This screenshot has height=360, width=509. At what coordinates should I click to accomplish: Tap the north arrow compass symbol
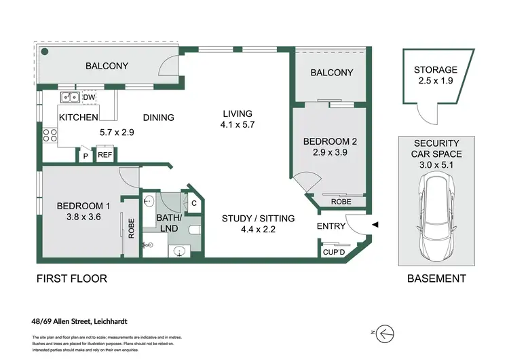click(x=385, y=334)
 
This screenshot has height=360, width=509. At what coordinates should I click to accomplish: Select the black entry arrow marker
click(x=375, y=225)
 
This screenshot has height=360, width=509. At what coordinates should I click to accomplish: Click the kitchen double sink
click(x=70, y=97)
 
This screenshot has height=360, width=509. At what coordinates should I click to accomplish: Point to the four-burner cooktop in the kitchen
click(x=50, y=135)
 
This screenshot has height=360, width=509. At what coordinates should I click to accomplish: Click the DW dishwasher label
click(x=89, y=97)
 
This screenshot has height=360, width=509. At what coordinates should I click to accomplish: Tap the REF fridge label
click(x=105, y=155)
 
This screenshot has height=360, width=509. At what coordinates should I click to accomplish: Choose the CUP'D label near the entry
click(x=334, y=252)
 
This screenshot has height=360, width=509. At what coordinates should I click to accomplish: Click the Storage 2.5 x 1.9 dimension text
click(x=436, y=81)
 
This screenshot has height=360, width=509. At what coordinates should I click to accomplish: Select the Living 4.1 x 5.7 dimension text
click(x=238, y=124)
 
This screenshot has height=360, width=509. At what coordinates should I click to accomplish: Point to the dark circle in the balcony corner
click(x=45, y=52)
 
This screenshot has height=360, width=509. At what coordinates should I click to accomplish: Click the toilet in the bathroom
click(x=194, y=230)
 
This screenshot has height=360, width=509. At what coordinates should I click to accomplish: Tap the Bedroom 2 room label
click(x=330, y=142)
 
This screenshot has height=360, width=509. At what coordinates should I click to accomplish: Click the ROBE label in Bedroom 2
click(x=341, y=202)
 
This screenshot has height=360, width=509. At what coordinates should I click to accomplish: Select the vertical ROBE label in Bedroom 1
click(x=131, y=228)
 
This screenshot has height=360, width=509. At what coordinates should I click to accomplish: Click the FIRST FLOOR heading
click(x=72, y=278)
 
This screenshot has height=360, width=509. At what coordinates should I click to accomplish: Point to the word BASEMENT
click(x=436, y=278)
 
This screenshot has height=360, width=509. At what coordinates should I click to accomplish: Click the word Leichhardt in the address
click(x=111, y=322)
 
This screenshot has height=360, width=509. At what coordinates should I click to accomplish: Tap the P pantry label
click(x=86, y=156)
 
